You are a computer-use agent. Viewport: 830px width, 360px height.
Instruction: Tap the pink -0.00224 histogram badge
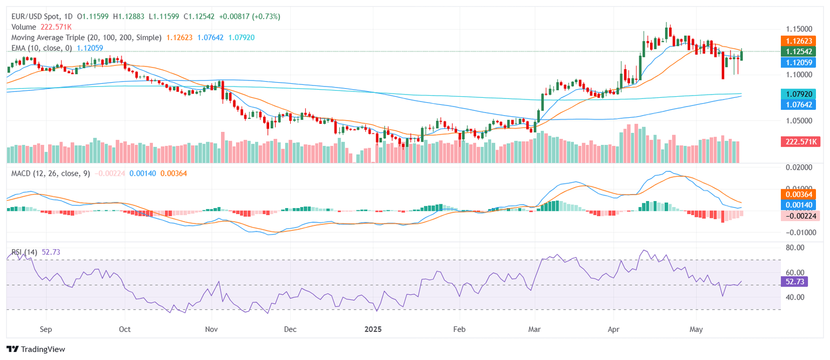(800, 216)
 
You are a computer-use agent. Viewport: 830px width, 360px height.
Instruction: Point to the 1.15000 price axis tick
(798, 29)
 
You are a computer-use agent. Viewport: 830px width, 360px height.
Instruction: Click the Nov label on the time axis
(211, 329)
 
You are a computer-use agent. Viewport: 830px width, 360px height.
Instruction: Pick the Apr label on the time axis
(614, 329)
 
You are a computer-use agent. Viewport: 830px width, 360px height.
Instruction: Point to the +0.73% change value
(267, 17)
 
